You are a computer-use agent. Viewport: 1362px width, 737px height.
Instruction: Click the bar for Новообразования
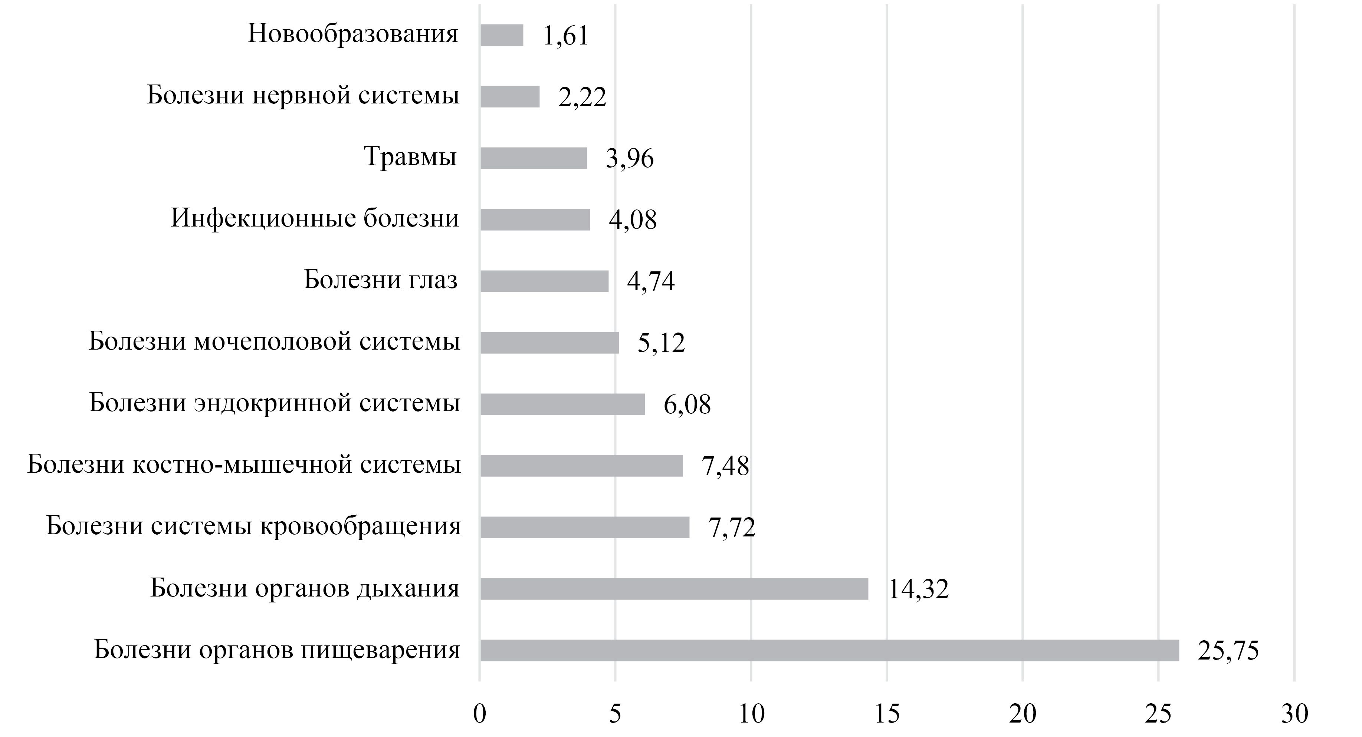[501, 35]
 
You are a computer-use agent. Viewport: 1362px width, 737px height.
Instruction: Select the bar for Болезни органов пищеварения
[829, 650]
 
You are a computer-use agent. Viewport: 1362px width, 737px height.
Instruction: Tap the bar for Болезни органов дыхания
[674, 589]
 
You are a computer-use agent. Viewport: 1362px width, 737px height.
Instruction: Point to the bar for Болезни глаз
[544, 281]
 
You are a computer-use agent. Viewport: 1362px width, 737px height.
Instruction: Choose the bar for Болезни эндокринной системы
[562, 404]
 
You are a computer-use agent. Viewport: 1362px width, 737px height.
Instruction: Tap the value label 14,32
[918, 589]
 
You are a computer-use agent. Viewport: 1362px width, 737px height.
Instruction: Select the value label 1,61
[565, 36]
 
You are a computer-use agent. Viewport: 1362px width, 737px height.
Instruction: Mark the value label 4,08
[632, 220]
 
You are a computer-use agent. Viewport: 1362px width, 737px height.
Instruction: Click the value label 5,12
[661, 343]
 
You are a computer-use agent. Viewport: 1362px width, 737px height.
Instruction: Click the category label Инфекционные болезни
[315, 218]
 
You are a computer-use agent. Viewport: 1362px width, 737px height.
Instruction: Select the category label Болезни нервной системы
[303, 96]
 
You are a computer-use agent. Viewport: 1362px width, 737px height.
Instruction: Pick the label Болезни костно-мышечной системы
[244, 465]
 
